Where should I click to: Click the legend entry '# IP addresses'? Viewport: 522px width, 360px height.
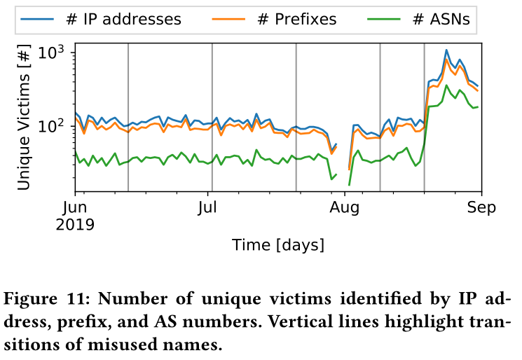[x=122, y=20]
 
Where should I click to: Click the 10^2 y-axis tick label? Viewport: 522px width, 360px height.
[x=51, y=126]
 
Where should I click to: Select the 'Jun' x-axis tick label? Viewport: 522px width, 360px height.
[x=76, y=207]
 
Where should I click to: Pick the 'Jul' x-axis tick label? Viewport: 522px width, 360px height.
[x=208, y=207]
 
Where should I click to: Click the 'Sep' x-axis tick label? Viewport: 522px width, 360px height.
[x=481, y=207]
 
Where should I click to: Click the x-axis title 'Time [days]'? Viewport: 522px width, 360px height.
[x=278, y=244]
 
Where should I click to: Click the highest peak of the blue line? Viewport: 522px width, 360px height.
[x=446, y=50]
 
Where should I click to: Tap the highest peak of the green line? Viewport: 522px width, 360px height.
[x=446, y=86]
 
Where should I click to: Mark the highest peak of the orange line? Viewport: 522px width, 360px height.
[x=446, y=60]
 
